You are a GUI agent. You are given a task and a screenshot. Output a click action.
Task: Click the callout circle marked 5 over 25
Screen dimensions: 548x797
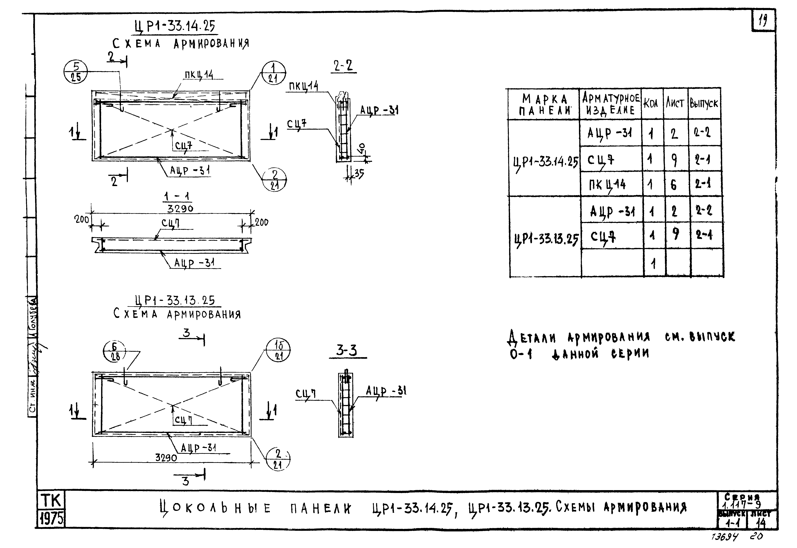[76, 72]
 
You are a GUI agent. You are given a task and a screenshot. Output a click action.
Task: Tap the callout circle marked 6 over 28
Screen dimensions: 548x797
[115, 352]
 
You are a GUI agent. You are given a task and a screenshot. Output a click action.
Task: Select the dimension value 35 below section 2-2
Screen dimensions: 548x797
[359, 174]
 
